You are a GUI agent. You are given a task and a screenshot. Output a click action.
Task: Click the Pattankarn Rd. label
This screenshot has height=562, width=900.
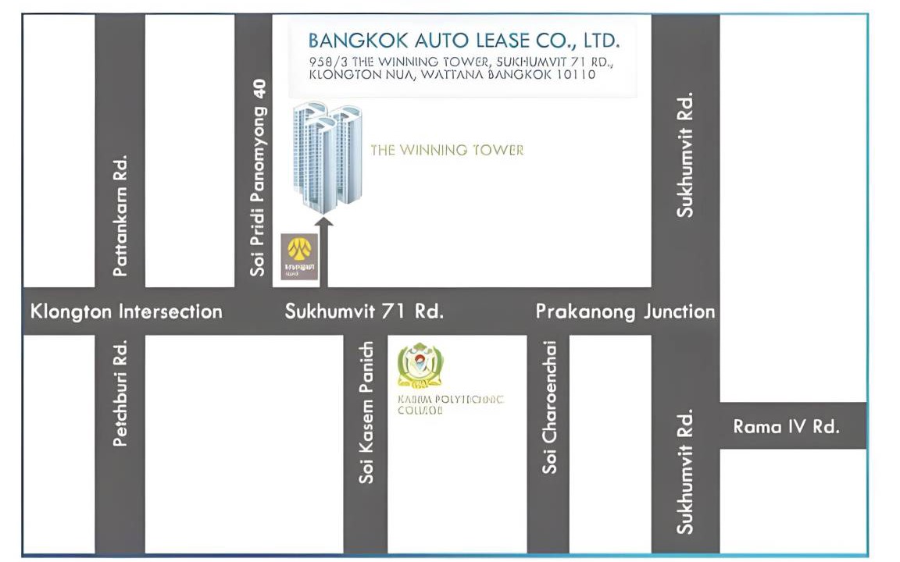(120, 215)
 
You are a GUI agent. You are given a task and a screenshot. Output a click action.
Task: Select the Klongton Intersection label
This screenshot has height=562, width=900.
(127, 311)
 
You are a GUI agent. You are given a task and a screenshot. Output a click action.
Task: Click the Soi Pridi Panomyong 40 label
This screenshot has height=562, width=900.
(258, 178)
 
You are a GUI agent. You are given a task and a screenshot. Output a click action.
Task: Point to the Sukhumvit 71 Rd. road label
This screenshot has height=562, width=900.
(364, 311)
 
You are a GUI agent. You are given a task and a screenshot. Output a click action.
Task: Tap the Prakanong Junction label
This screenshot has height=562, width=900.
(625, 311)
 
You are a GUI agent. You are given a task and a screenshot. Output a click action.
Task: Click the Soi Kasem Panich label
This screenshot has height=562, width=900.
(366, 412)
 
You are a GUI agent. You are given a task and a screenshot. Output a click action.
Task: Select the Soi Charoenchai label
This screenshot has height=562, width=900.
(550, 406)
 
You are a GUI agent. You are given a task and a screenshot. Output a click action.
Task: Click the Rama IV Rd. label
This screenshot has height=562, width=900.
(786, 426)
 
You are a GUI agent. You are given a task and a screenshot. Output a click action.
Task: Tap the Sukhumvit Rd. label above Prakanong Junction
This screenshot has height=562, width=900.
(685, 155)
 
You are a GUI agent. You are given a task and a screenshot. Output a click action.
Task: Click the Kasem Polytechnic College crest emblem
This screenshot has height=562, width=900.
(420, 365)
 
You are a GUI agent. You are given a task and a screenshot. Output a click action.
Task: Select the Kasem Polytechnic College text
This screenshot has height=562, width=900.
(450, 404)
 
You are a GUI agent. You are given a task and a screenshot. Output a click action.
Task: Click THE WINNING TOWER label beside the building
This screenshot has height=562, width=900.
(447, 150)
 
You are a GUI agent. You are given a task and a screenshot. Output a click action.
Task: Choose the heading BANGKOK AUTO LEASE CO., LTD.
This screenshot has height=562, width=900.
(464, 40)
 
